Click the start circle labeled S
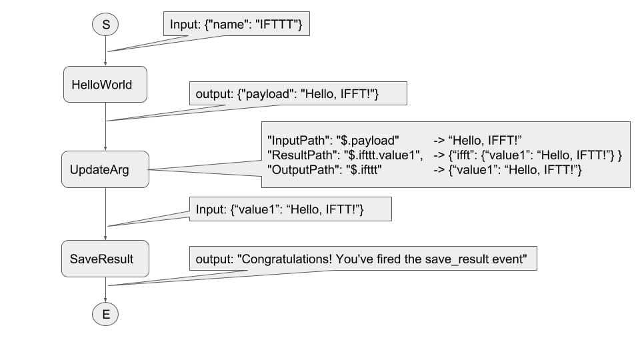(105, 25)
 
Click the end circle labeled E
(105, 315)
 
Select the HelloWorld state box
(105, 85)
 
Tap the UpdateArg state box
(105, 170)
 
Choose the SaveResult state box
(105, 257)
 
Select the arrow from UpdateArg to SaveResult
(105, 214)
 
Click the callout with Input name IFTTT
(237, 25)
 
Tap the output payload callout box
(297, 94)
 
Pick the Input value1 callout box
(289, 210)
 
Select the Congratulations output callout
(363, 259)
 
